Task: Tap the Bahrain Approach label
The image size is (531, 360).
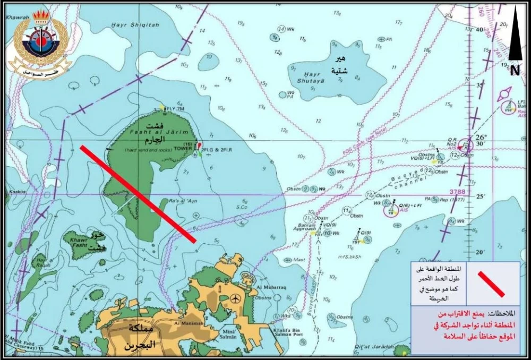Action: click(x=305, y=228)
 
